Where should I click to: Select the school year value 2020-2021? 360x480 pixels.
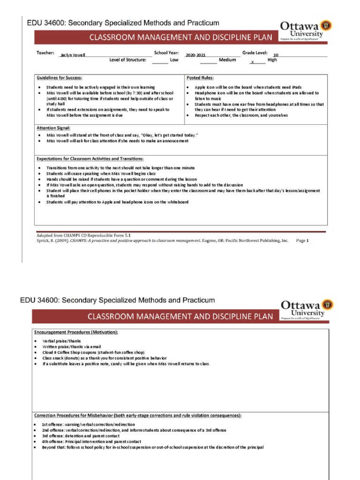tap(195, 55)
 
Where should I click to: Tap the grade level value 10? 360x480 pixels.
tap(276, 55)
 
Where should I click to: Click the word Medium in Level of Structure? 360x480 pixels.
tap(227, 60)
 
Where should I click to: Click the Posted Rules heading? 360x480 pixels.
tap(200, 78)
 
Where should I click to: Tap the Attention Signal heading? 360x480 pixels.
tap(53, 127)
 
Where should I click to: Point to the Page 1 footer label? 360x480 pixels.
tap(301, 240)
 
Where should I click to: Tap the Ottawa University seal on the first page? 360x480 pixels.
tap(328, 24)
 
